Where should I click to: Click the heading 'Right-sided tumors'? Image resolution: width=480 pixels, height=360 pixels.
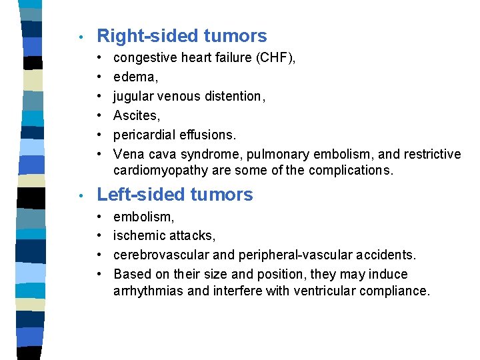181,36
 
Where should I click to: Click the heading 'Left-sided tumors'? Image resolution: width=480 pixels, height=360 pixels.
175,195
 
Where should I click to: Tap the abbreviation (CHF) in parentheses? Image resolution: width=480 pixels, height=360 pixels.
275,58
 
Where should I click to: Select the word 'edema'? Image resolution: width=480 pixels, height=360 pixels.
134,77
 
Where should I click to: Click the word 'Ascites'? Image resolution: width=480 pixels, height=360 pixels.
135,116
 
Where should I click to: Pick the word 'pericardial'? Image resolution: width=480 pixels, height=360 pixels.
145,135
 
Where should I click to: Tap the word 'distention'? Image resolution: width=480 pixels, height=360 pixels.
232,97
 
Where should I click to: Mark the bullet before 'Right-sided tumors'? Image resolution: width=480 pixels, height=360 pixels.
80,37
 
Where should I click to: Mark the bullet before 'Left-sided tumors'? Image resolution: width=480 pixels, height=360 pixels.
80,195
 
